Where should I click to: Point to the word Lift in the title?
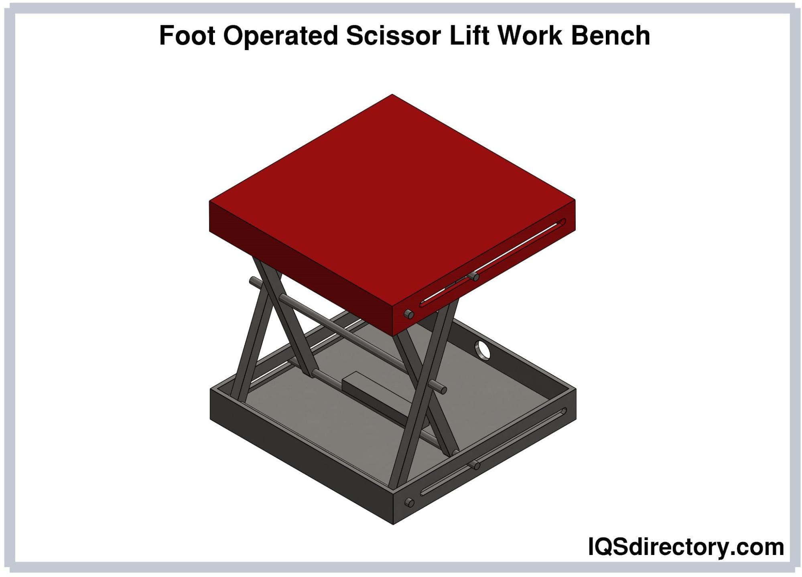tap(469, 35)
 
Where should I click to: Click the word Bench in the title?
tap(610, 35)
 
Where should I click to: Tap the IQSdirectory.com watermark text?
tap(686, 547)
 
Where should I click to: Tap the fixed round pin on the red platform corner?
tap(409, 314)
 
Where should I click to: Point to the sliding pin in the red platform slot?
tap(474, 276)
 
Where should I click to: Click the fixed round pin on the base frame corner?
tap(409, 502)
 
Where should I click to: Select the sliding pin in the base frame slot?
tap(475, 465)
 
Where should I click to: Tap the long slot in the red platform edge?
tap(493, 263)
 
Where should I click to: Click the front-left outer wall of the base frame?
tap(302, 456)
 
